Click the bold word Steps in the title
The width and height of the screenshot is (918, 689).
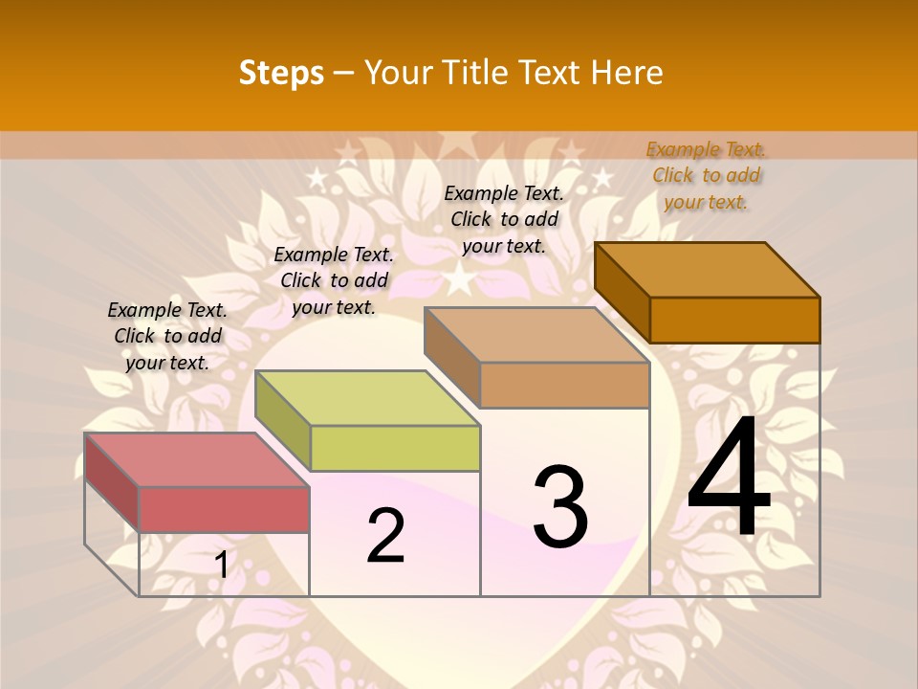[281, 73]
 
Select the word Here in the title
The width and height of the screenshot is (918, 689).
[627, 73]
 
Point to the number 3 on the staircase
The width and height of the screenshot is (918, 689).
[560, 507]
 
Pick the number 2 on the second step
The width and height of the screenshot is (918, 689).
[385, 536]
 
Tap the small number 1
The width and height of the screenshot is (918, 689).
[221, 566]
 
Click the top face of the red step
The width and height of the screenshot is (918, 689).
[196, 459]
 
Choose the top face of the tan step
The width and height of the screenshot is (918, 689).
[535, 334]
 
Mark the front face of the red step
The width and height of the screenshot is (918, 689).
[224, 508]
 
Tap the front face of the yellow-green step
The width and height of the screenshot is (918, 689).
[395, 448]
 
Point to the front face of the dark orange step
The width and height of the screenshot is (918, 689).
[734, 320]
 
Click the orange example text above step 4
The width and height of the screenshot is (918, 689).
[706, 175]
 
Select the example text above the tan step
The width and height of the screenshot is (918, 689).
[504, 219]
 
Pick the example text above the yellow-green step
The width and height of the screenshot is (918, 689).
[334, 280]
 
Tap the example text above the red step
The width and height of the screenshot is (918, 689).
[167, 336]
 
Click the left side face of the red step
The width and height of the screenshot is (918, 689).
[112, 482]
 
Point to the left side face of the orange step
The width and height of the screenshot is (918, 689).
[623, 290]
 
